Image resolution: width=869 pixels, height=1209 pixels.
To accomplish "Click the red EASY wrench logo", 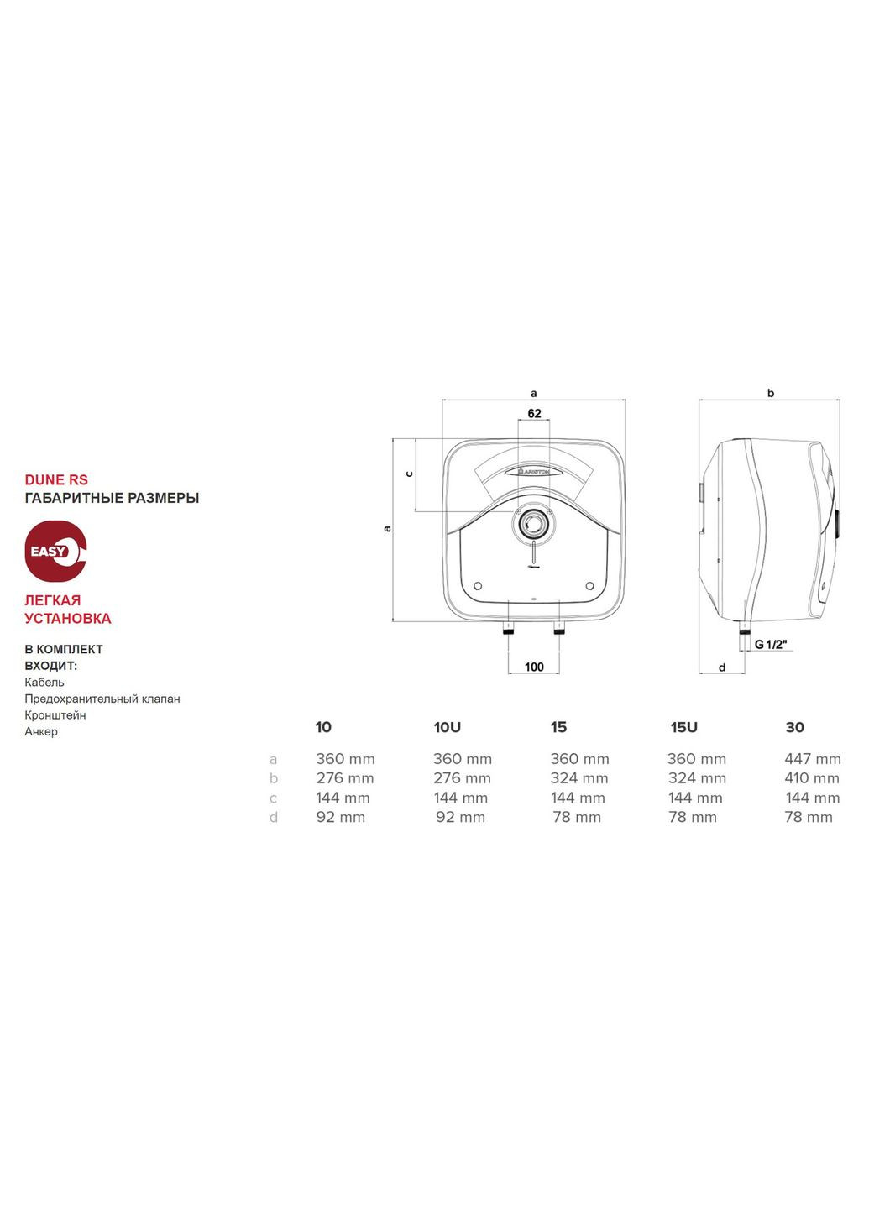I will tap(55, 551).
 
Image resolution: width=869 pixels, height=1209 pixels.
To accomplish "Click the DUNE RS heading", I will tap(56, 480).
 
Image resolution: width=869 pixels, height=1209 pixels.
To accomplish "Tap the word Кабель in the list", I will tap(44, 683).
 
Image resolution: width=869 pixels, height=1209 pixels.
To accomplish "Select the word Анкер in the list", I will tap(41, 732).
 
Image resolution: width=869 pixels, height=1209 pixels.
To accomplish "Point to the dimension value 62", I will tap(534, 414).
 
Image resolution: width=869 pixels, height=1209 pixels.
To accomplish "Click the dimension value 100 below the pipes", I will tap(534, 667).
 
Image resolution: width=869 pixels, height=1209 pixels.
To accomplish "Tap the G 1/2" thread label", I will tap(771, 644).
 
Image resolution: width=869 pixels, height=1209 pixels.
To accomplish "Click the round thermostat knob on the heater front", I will tap(532, 526).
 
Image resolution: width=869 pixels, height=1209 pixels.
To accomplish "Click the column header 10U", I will tap(447, 728).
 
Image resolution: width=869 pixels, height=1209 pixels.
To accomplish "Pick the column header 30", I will tap(794, 728).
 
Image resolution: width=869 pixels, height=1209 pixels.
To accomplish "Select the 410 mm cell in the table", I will tap(812, 779).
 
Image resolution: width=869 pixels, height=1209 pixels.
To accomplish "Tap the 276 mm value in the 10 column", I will tap(345, 779).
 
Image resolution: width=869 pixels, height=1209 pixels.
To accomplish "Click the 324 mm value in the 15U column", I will tap(696, 779).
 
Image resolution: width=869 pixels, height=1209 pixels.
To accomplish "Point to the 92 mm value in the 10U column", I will tap(460, 818).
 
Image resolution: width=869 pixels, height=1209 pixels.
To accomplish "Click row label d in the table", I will tap(274, 818).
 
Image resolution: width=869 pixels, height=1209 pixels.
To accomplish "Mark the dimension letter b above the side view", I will tap(771, 393).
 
